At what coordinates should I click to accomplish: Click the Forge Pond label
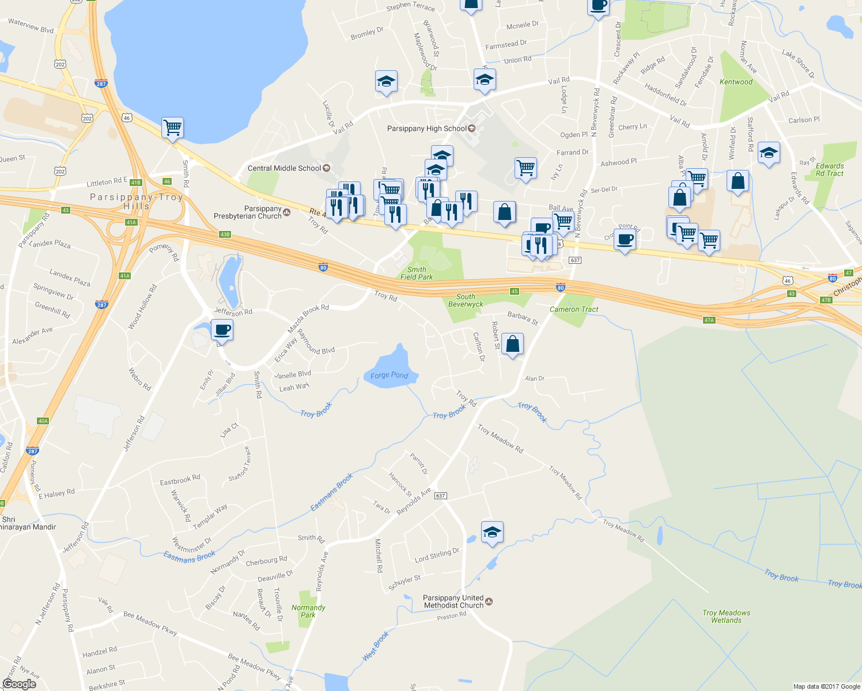point(389,375)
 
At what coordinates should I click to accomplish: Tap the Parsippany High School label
point(426,128)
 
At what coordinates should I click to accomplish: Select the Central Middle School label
point(284,168)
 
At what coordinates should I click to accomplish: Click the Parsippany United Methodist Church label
point(453,602)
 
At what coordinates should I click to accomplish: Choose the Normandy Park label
point(308,611)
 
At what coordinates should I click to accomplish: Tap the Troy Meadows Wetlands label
point(726,616)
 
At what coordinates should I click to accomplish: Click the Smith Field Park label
point(417,273)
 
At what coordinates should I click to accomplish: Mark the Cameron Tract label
point(574,309)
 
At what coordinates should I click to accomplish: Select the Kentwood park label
point(736,82)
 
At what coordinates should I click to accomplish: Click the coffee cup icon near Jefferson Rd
point(222,330)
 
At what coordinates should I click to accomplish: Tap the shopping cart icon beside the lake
point(172,127)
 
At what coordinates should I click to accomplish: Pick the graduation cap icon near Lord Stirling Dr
point(492,532)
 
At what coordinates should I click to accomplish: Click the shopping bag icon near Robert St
point(512,344)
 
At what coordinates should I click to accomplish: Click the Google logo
point(19,684)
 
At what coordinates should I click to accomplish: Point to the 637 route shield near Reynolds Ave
point(441,495)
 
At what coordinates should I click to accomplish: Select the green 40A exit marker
point(43,421)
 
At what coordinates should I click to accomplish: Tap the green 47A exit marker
point(709,320)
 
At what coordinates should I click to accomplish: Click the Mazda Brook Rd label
point(308,318)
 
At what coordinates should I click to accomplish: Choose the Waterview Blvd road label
point(31,26)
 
